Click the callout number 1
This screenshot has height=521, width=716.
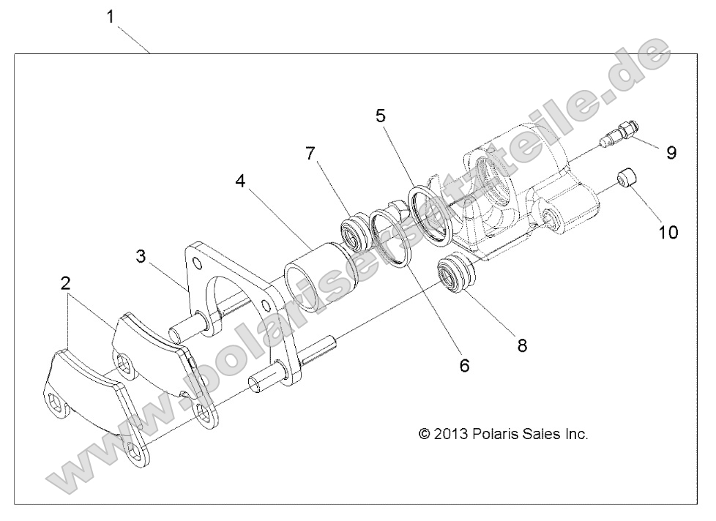click(x=111, y=17)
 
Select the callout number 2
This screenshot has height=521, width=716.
click(x=66, y=284)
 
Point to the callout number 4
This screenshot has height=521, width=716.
click(x=240, y=181)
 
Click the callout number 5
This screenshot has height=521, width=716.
click(x=381, y=116)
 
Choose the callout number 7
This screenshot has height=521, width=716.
click(x=310, y=154)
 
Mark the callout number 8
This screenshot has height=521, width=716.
click(x=522, y=345)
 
